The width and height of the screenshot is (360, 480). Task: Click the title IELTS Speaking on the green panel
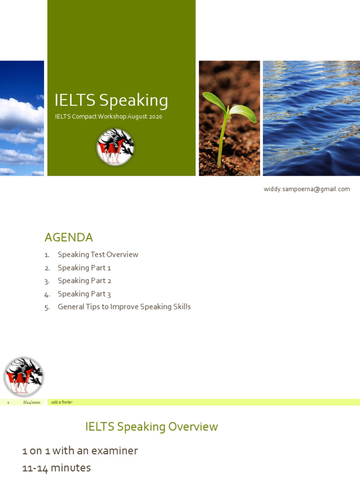pos(111,100)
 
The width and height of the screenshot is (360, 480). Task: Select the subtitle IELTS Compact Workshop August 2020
pos(108,117)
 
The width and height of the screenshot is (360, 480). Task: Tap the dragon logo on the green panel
pos(115,147)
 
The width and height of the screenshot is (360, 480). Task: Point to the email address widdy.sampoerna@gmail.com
pos(307,189)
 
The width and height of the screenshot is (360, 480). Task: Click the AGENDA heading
pos(68,237)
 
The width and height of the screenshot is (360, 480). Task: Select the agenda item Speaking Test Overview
pos(98,255)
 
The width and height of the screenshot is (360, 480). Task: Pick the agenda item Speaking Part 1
pos(84,268)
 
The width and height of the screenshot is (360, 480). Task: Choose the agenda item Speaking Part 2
pos(84,281)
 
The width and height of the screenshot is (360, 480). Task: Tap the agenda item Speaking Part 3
pos(84,294)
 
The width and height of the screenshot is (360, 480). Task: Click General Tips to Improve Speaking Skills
pos(124,307)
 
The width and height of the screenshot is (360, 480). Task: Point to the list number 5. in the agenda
pos(47,307)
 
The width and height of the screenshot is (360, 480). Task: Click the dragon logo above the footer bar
pos(23,376)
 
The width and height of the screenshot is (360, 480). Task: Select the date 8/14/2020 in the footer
pos(31,402)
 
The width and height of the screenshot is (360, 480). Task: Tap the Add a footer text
pos(62,402)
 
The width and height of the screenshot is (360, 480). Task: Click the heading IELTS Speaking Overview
pos(151,427)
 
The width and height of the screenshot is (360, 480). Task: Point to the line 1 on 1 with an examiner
pos(80,450)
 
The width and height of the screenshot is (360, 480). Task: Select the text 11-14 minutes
pos(57,468)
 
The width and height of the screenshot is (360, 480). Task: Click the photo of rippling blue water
pos(311,118)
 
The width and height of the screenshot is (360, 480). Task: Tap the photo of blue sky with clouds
pos(22,118)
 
